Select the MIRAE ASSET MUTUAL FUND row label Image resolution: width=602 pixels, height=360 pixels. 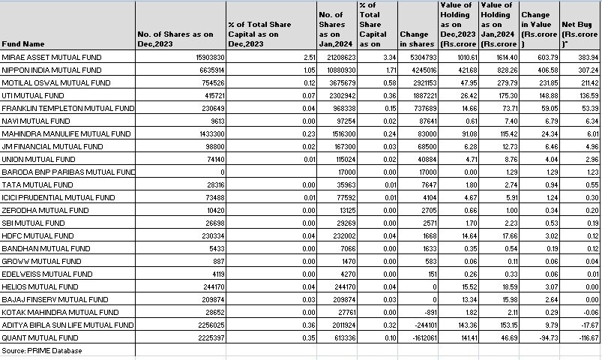pyautogui.click(x=51, y=57)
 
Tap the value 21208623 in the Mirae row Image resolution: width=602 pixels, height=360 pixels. pyautogui.click(x=340, y=57)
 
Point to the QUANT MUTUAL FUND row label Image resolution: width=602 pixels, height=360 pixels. pyautogui.click(x=38, y=338)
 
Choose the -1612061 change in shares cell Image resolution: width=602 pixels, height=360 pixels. pyautogui.click(x=418, y=338)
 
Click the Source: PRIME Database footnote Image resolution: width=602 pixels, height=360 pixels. pyautogui.click(x=42, y=351)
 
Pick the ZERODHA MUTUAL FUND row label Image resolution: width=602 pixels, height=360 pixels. pyautogui.click(x=43, y=211)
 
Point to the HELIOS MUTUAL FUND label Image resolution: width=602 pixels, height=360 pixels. pyautogui.click(x=39, y=287)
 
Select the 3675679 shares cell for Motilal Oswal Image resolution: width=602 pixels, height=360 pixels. pyautogui.click(x=340, y=82)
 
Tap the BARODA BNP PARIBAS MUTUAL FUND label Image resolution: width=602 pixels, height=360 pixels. pyautogui.click(x=67, y=172)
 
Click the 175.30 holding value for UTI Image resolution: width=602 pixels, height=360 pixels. pyautogui.click(x=498, y=95)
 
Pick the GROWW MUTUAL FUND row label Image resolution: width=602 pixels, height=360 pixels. pyautogui.click(x=41, y=262)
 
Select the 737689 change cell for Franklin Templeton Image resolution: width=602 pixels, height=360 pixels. pyautogui.click(x=418, y=108)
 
